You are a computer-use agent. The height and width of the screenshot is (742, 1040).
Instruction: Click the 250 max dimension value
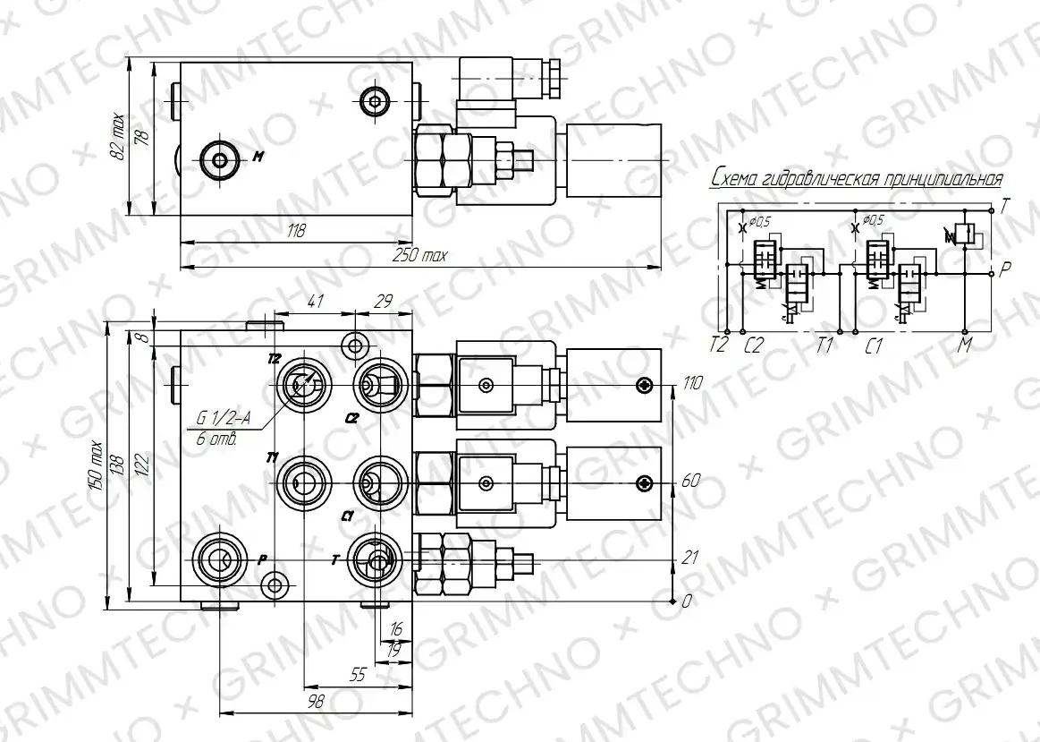point(420,255)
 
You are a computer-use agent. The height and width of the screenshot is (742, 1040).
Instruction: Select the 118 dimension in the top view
point(296,231)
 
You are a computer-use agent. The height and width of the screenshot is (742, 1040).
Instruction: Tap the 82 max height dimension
point(117,137)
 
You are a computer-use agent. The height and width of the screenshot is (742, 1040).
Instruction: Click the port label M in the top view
point(258,158)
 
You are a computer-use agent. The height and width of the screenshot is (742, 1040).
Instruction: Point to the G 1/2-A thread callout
point(222,418)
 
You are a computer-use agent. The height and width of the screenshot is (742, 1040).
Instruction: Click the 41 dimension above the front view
point(315,301)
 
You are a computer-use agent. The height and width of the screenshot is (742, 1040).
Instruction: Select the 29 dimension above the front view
point(384,302)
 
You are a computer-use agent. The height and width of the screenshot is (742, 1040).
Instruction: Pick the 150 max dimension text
point(97,465)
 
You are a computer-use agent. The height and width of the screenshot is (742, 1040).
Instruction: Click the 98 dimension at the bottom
point(317,700)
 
